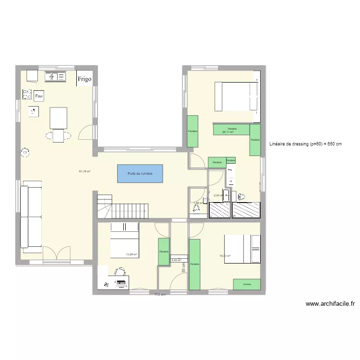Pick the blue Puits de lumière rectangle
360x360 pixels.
point(140,173)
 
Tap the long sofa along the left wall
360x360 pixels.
point(31,216)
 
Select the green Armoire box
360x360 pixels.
point(247,284)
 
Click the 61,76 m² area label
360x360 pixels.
point(85,171)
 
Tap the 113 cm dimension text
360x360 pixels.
point(160,294)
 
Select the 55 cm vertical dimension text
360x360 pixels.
point(183,271)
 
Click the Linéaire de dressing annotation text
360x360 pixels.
point(305,144)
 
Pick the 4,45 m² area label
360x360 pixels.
point(176,260)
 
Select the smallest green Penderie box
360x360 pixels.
point(231,160)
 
